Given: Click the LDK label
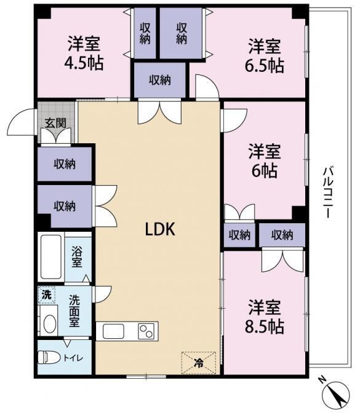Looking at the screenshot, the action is (x=160, y=229).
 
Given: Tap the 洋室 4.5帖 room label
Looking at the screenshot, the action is (x=84, y=53).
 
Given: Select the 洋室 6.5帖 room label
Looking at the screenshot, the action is (x=265, y=55).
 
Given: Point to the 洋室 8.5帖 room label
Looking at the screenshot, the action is (x=265, y=317).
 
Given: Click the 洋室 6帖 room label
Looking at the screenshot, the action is (x=265, y=160).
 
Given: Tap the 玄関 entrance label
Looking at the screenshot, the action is (x=55, y=123).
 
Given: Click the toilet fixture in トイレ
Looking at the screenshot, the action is (x=50, y=358).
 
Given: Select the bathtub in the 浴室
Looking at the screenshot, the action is (x=51, y=257).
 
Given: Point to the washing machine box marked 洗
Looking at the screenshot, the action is (x=47, y=294).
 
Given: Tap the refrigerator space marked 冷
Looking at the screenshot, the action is (x=198, y=363).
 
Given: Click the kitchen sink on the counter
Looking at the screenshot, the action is (x=113, y=331).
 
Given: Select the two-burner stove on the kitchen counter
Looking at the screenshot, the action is (x=146, y=331).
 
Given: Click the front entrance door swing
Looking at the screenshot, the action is (x=22, y=122).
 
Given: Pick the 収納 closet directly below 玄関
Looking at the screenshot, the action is (x=65, y=164).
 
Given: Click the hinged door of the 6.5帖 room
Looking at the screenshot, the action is (x=207, y=87).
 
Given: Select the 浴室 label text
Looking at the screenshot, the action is (x=77, y=256).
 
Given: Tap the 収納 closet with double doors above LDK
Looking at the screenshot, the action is (x=160, y=80).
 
